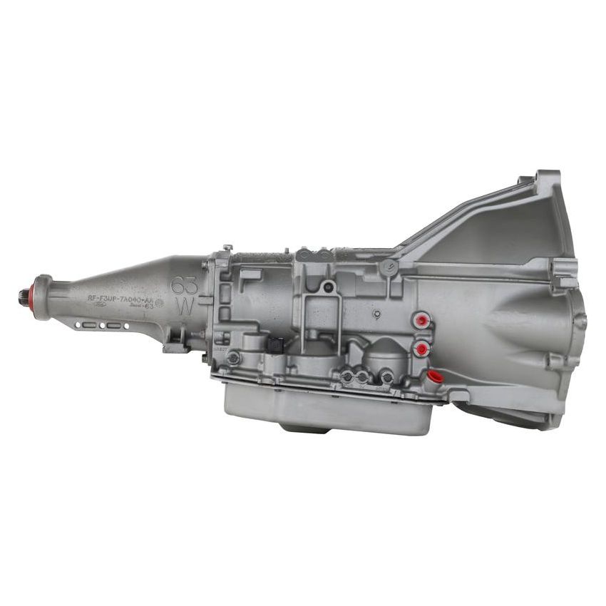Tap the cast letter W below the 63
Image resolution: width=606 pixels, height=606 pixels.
click(x=184, y=307)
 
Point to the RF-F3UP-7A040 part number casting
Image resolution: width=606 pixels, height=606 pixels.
click(x=122, y=300)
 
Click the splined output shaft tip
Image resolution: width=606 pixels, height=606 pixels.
click(x=22, y=294)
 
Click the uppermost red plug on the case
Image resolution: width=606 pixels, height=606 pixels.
click(x=422, y=320)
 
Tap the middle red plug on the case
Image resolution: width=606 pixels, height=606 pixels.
click(x=422, y=349)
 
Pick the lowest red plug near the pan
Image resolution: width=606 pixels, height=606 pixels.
click(x=434, y=376)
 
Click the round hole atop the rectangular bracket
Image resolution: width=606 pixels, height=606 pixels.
click(x=328, y=288)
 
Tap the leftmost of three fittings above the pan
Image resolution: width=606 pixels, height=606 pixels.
click(x=347, y=376)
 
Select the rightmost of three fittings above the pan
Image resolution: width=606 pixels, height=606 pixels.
click(x=386, y=374)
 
